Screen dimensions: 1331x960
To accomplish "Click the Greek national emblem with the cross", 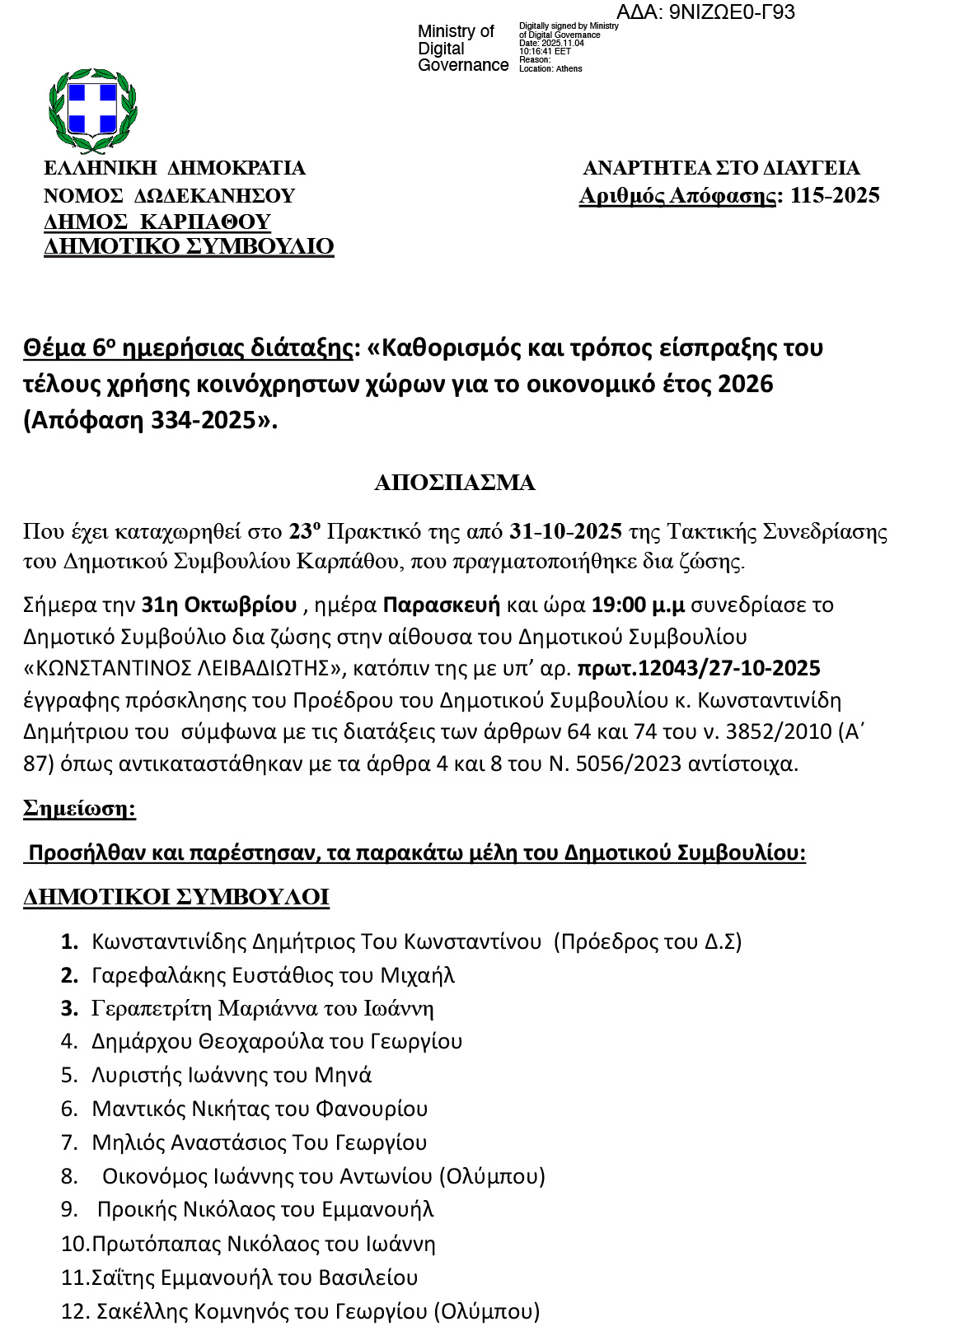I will (x=92, y=111).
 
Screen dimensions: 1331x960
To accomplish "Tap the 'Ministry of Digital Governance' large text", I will (x=462, y=49).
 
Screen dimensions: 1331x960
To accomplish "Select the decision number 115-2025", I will (x=834, y=195).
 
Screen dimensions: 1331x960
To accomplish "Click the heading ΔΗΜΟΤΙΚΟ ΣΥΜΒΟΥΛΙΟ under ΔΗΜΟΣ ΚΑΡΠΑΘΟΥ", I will (x=189, y=246).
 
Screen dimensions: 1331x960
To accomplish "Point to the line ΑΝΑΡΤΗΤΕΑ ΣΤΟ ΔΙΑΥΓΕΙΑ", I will (x=721, y=168).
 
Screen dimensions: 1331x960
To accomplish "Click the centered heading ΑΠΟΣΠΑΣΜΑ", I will (x=454, y=483).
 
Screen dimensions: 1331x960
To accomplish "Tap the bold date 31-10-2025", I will (x=566, y=531).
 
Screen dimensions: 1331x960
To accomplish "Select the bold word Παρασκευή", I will (x=441, y=605).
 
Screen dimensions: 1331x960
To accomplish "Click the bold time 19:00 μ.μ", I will (x=638, y=605).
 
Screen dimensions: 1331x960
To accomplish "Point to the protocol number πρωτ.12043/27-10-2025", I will (x=698, y=668).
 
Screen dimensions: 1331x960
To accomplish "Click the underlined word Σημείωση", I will (x=79, y=808).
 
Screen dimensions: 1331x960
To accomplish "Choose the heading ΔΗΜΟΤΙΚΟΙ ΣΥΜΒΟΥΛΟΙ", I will (x=176, y=897).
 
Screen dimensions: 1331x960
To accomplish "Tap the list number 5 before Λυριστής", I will (x=68, y=1075).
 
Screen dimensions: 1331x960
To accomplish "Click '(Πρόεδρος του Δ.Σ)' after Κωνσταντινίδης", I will (x=648, y=941).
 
